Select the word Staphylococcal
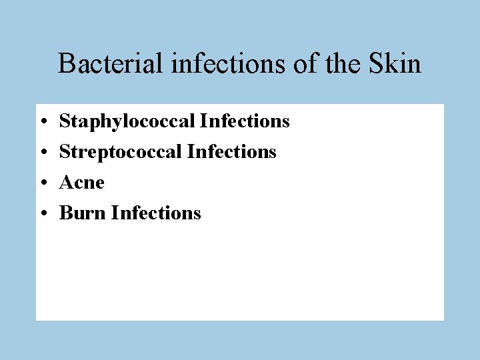(127, 122)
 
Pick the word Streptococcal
(121, 152)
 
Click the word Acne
(82, 183)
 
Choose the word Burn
(83, 213)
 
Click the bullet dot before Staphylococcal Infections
(42, 122)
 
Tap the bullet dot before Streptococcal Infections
(42, 153)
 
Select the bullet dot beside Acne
(42, 183)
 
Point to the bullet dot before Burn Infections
(42, 214)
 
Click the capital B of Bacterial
(66, 64)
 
